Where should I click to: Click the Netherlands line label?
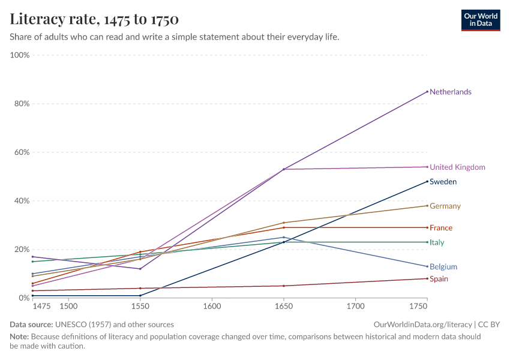[450, 92]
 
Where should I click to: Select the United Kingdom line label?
[457, 167]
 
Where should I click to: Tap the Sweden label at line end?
[443, 182]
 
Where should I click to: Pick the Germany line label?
[445, 206]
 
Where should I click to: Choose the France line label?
[441, 228]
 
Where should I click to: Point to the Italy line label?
[437, 243]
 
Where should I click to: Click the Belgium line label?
[443, 267]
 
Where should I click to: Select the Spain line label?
[439, 279]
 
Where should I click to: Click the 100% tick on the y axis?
[20, 55]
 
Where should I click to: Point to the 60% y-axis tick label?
[20, 152]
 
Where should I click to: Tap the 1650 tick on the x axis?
[284, 306]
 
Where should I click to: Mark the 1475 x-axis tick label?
[42, 306]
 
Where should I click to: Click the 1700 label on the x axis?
[355, 306]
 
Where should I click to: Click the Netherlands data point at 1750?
[427, 92]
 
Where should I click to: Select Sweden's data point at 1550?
[140, 296]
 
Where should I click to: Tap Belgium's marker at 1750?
[427, 266]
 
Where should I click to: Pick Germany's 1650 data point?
[284, 223]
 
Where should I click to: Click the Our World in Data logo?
[481, 20]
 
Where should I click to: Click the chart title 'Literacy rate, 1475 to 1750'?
[94, 20]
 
